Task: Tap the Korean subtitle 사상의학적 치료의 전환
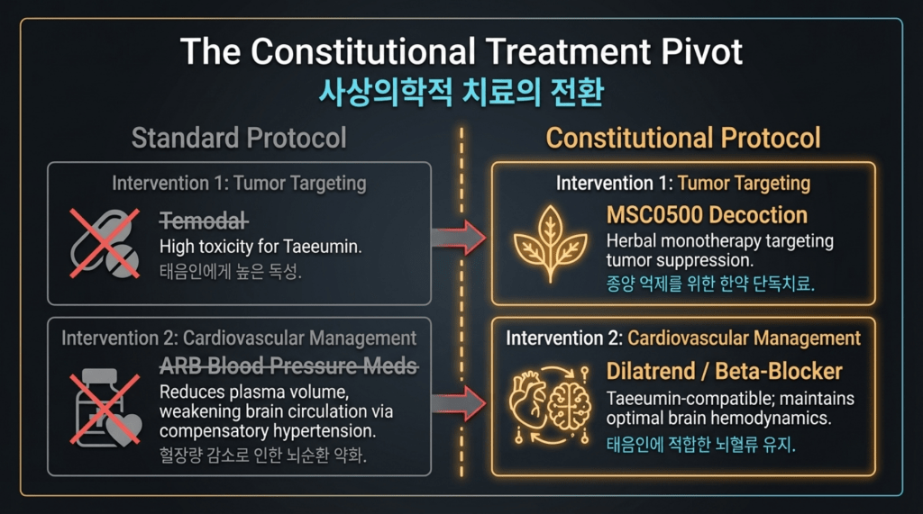coord(461,93)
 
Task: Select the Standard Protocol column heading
coord(239,139)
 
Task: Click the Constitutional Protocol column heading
coord(683,139)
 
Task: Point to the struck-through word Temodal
coord(204,221)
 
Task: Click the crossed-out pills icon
coord(105,243)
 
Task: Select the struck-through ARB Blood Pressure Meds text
coord(288,365)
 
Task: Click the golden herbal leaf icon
coord(551,243)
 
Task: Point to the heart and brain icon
coord(551,404)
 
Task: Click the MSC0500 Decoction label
coord(707,215)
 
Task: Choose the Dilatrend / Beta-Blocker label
coord(724,371)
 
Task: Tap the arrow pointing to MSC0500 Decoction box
coord(459,238)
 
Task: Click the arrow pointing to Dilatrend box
coord(459,403)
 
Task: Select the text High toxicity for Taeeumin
coord(260,247)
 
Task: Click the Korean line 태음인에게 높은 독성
coord(230,271)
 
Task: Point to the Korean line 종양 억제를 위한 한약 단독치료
coord(710,284)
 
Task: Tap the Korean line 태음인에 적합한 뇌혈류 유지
coord(700,444)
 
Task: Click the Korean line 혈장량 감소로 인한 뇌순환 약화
coord(262,455)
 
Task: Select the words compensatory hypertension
coord(267,431)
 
